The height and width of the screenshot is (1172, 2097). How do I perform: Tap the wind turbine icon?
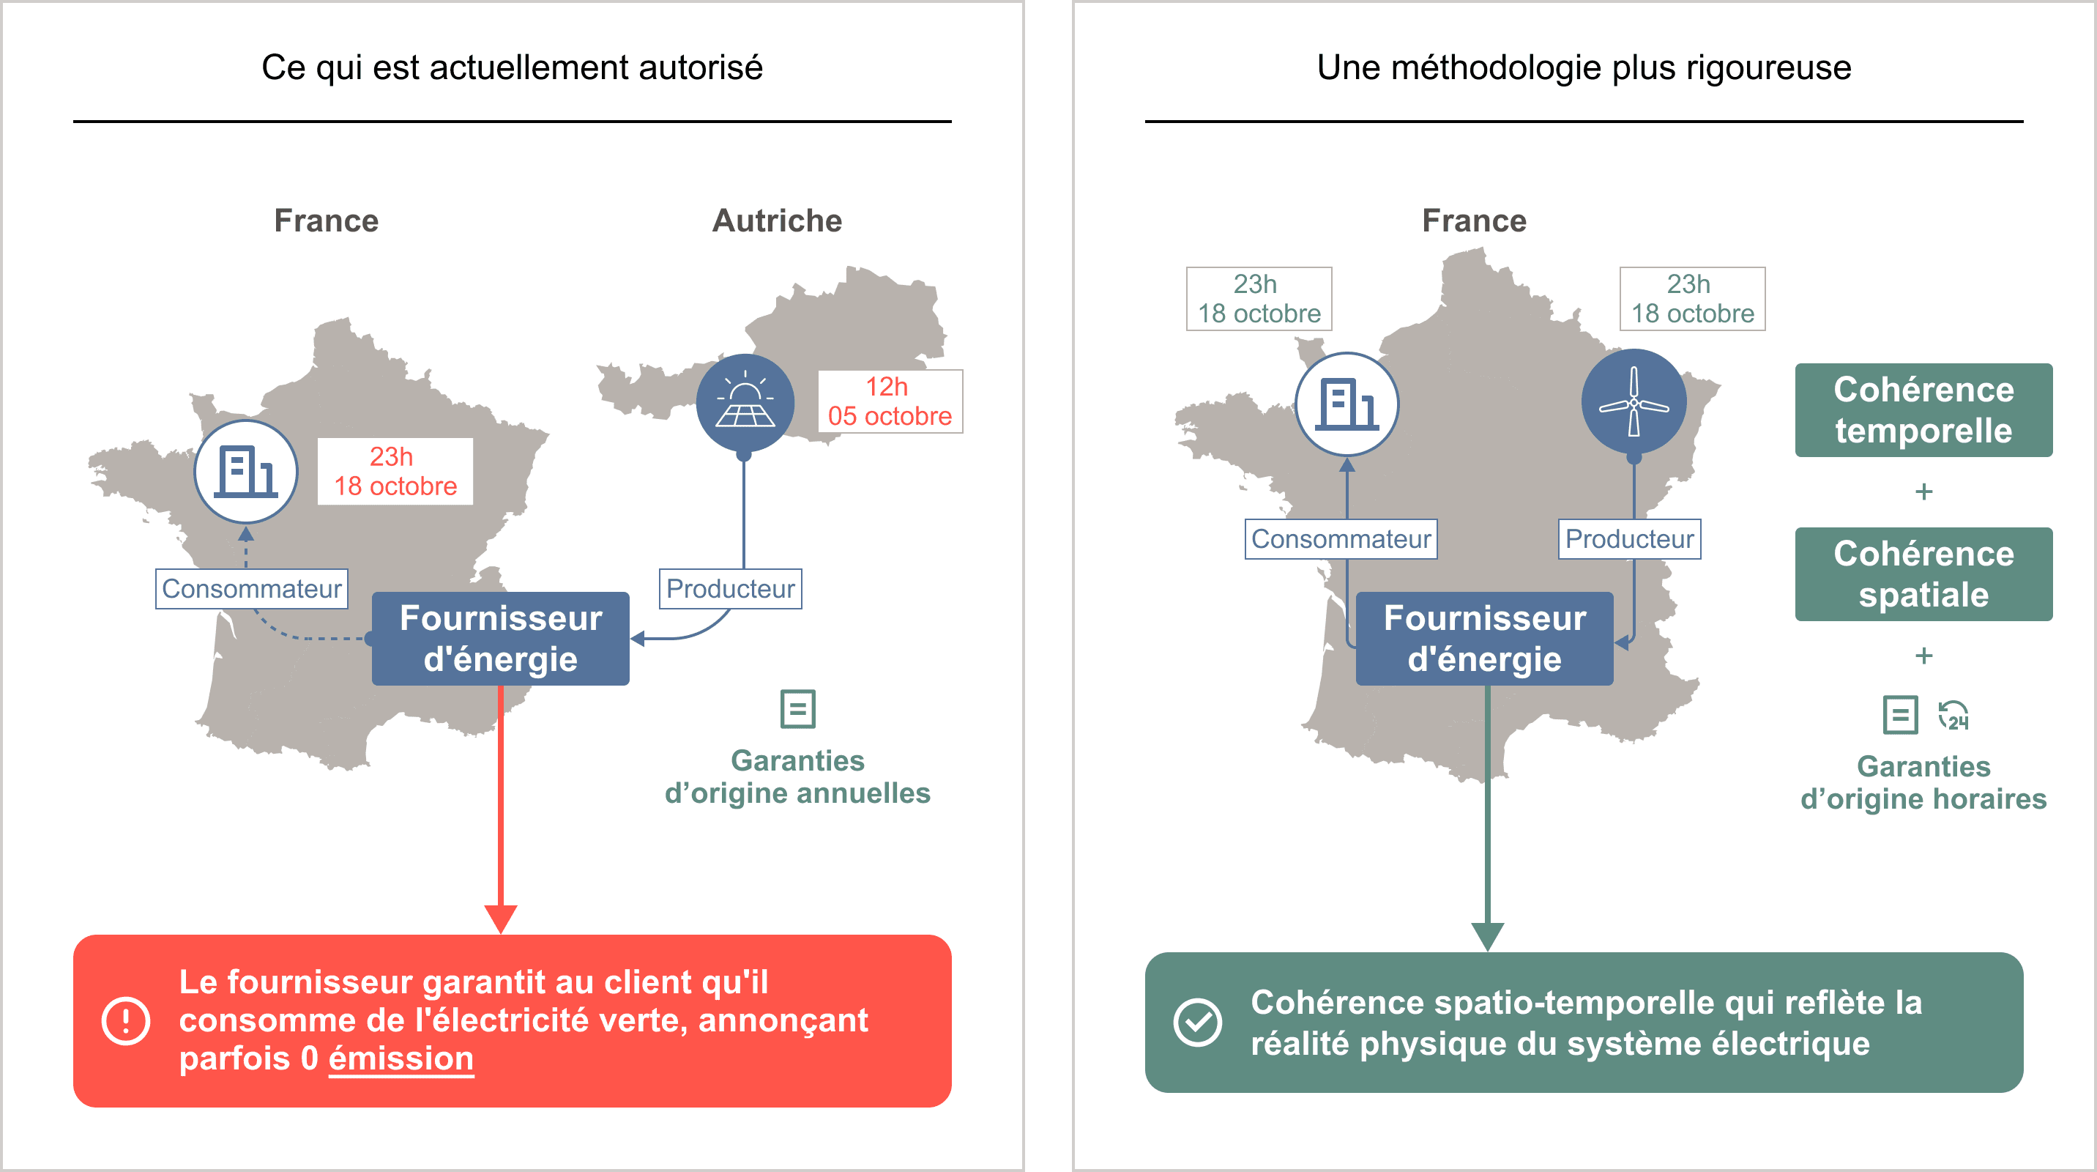tap(1633, 401)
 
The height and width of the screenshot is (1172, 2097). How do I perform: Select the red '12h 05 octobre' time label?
tap(890, 401)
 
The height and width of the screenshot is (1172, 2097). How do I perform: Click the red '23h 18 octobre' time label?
tap(395, 472)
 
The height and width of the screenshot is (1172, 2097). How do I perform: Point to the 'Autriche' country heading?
tap(777, 220)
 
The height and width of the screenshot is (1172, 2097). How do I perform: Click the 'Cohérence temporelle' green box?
tap(1923, 409)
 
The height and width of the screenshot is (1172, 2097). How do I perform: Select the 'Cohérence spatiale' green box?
tap(1923, 574)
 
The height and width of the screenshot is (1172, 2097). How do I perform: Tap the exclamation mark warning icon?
tap(126, 1020)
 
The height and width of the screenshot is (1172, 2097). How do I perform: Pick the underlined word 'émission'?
tap(401, 1058)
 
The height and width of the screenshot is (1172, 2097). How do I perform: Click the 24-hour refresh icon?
tap(1953, 716)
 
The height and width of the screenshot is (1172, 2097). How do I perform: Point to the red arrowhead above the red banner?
tap(501, 918)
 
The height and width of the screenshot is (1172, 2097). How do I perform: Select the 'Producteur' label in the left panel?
tap(730, 588)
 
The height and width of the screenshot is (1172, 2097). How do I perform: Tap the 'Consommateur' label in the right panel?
tap(1341, 538)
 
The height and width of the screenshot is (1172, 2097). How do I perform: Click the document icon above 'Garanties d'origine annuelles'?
tap(798, 708)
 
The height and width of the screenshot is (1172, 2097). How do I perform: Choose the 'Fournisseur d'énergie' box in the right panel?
tap(1484, 639)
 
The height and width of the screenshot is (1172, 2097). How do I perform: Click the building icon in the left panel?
tap(246, 472)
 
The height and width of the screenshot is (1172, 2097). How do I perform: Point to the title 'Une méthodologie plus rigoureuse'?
tap(1583, 67)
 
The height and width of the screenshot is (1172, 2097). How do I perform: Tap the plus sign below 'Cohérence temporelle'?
tap(1923, 492)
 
